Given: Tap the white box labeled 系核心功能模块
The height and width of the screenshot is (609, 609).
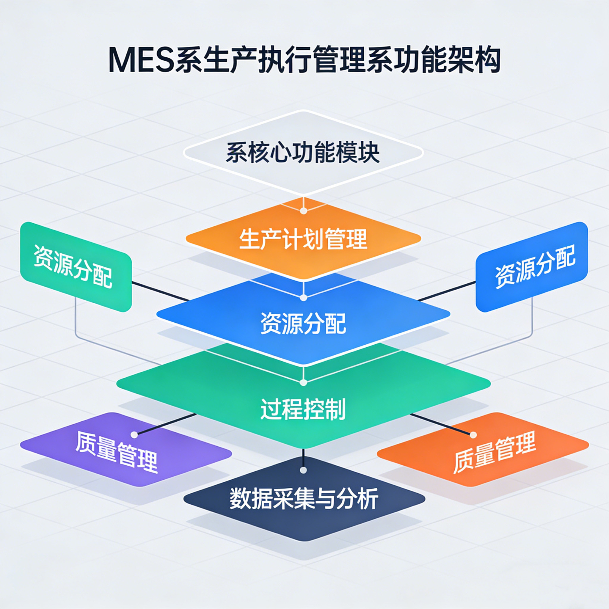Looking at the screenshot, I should [x=303, y=153].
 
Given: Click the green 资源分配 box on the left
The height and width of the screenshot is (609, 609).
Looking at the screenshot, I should [x=76, y=267].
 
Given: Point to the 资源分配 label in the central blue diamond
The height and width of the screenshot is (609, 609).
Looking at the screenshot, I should [x=303, y=324].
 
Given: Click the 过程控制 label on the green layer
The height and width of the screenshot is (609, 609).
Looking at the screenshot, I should [x=303, y=409].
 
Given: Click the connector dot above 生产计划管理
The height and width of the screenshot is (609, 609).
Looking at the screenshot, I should [x=303, y=211].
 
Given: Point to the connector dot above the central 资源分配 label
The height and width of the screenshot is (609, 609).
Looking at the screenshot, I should [x=303, y=297].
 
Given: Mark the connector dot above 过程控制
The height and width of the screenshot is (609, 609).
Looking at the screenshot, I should [x=303, y=383].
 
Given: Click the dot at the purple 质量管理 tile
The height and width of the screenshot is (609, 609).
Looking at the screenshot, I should [x=134, y=435].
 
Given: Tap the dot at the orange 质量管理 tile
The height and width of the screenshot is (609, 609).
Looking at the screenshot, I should [x=473, y=435].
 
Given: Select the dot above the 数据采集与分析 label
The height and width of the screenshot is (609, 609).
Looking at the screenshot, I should [x=303, y=470].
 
